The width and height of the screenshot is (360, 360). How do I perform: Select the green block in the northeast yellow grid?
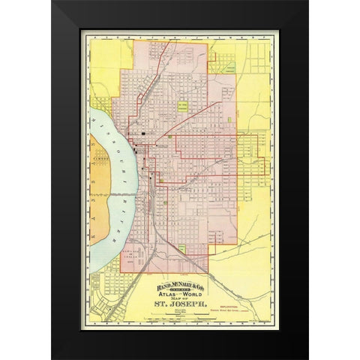coord(229,67)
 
